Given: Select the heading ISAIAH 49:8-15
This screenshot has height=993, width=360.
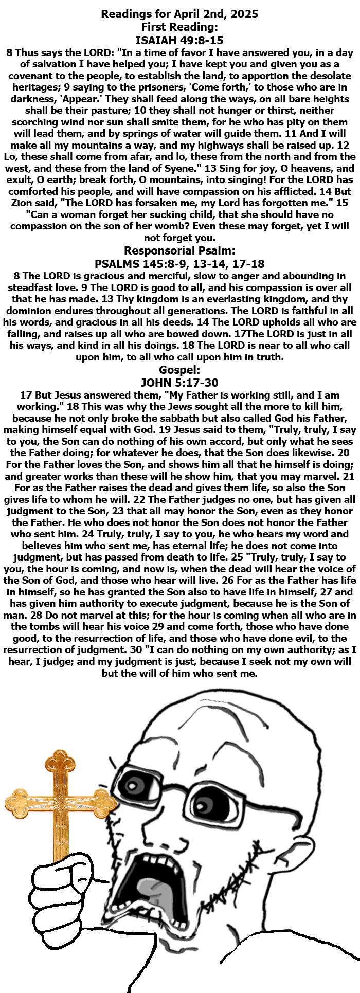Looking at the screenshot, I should coord(179,40).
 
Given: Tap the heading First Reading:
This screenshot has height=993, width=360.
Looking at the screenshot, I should coord(179,27).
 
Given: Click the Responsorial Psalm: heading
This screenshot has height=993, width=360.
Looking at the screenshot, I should coord(179,251).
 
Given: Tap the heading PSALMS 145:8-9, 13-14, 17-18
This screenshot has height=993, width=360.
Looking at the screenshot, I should coord(179,264).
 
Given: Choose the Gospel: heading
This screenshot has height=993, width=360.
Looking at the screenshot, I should coord(179,370).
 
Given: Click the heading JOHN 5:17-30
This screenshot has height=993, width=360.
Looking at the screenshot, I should coord(179,383).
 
